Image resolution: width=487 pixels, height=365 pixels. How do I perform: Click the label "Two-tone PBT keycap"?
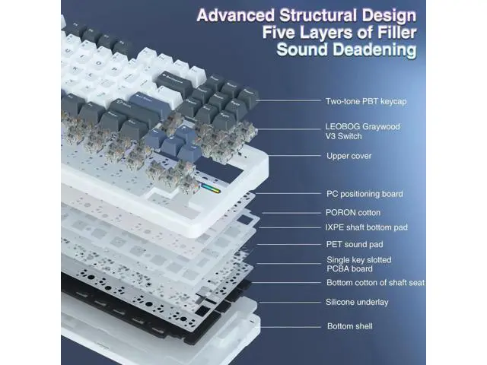[x=366, y=101]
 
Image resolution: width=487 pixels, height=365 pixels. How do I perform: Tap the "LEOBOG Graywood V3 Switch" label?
[x=362, y=132]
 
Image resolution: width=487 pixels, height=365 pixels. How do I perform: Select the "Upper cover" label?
[x=349, y=156]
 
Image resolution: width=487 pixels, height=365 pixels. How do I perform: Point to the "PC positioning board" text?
[x=364, y=194]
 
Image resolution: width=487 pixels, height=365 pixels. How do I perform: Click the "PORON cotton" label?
[x=353, y=213]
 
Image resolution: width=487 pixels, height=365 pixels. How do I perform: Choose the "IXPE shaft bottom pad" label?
[x=367, y=227]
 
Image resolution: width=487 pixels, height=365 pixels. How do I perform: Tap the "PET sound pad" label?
[x=355, y=244]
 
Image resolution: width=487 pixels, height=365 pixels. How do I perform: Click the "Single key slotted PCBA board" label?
[x=358, y=264]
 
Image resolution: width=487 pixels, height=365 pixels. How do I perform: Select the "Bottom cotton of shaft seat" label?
[x=375, y=283]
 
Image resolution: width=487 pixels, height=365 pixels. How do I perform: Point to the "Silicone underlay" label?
[x=357, y=302]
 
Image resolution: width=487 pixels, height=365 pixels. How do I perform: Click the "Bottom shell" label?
[x=350, y=326]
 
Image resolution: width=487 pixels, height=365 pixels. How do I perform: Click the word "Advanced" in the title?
[x=236, y=15]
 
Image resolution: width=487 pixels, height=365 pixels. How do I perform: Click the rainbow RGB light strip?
[x=211, y=189]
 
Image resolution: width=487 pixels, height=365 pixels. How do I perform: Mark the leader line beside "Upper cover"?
[x=294, y=155]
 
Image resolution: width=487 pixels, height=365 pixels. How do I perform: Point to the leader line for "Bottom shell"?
[x=291, y=326]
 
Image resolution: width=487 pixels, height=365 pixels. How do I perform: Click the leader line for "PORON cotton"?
[x=291, y=213]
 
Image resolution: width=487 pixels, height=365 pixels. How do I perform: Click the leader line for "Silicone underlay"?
[x=290, y=303]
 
